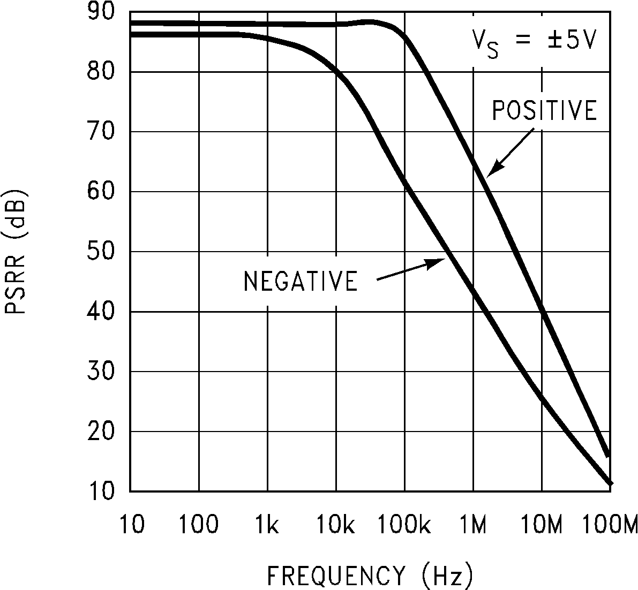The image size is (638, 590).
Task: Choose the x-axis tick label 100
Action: (199, 525)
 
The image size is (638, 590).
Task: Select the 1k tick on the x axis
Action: (267, 525)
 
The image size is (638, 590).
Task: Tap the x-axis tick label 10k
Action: (335, 525)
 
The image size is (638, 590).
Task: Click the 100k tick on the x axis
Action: (404, 525)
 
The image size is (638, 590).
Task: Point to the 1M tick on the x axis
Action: (473, 525)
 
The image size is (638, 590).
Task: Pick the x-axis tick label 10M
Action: (542, 525)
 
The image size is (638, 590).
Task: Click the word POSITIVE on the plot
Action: (544, 110)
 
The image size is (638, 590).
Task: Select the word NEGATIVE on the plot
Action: (301, 281)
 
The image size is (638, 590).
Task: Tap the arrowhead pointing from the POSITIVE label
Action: (492, 171)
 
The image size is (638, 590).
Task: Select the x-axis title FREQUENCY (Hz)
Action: (370, 576)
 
